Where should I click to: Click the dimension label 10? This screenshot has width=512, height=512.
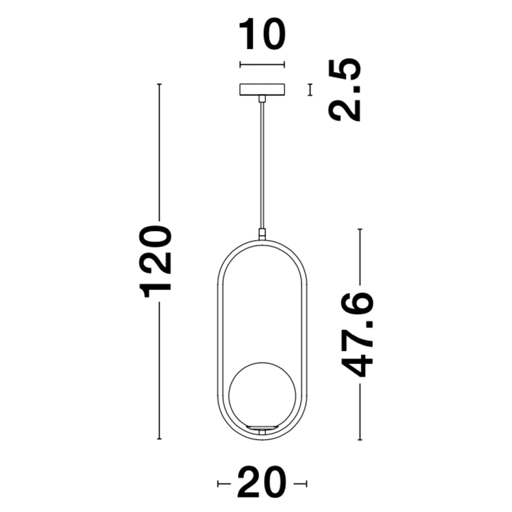point(262,35)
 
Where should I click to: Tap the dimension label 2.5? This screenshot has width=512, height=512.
point(345,91)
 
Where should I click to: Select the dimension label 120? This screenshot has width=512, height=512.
point(155,261)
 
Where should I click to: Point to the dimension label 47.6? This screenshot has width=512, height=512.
point(356,334)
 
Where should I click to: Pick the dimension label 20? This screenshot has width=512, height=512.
point(262,483)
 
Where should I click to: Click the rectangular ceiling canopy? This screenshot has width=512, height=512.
point(262,90)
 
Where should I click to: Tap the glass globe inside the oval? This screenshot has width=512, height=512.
point(262,395)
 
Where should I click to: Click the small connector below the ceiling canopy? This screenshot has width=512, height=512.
point(262,99)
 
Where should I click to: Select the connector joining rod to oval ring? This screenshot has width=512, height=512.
point(262,235)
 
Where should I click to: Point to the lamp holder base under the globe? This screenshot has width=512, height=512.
point(262,430)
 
